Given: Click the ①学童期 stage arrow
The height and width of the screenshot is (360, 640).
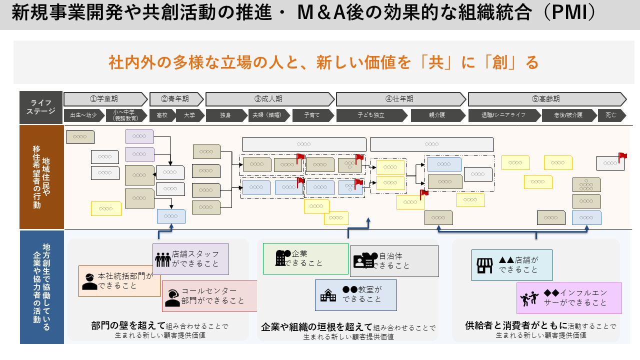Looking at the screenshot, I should [x=105, y=99].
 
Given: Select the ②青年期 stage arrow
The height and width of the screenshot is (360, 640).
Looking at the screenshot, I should [x=176, y=99].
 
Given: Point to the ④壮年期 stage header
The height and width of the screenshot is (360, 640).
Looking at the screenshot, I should [x=400, y=99].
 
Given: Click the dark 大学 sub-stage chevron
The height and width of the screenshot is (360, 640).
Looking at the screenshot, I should [x=189, y=115].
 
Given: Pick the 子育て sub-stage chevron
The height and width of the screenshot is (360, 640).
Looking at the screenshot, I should [x=313, y=115].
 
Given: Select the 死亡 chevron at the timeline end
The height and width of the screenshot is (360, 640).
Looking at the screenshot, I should [x=611, y=115].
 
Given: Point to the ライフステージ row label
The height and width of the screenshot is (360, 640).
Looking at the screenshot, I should [x=41, y=107].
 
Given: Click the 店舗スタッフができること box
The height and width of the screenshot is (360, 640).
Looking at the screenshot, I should [x=190, y=259].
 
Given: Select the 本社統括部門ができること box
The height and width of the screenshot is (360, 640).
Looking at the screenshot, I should [x=119, y=281].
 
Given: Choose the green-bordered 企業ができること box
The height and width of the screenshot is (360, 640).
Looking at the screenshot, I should [x=305, y=258].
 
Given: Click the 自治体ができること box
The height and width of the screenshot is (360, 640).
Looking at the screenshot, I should [x=394, y=261].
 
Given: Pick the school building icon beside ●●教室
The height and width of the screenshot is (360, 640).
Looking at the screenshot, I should [x=328, y=295].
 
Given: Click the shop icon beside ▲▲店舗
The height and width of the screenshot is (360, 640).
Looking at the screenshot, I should [x=484, y=265].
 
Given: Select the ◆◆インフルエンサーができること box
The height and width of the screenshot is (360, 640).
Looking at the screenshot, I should [x=569, y=298].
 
